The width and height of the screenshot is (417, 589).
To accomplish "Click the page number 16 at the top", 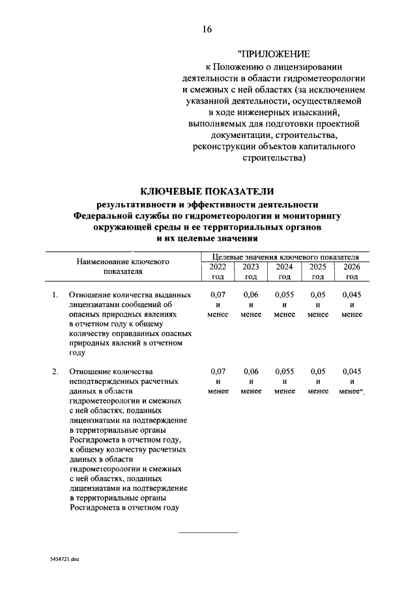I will (208, 29).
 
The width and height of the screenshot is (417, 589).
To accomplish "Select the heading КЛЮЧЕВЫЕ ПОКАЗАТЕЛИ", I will (208, 191).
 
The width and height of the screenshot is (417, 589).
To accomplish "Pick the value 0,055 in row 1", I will (284, 295).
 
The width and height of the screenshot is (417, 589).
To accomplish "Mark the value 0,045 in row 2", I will (352, 371).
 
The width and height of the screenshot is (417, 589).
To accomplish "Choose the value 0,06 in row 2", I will (251, 371).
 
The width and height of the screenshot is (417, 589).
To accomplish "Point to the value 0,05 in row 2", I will (318, 371).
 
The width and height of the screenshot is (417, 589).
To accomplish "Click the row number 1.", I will (55, 295).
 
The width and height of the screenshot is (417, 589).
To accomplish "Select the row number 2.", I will (55, 371).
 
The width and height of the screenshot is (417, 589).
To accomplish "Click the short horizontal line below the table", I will (208, 533).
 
